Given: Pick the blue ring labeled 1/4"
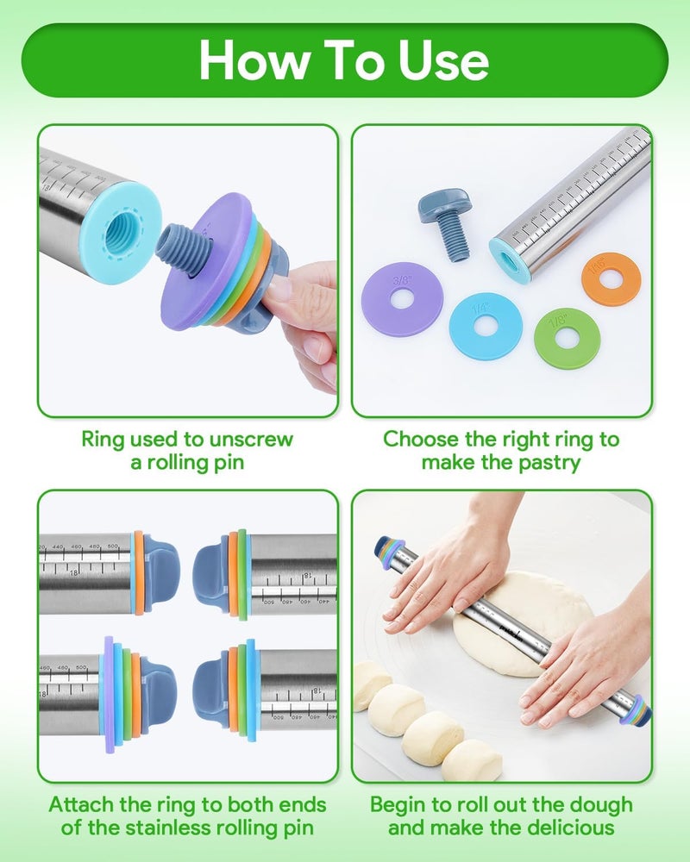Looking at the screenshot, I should coord(485,325).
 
